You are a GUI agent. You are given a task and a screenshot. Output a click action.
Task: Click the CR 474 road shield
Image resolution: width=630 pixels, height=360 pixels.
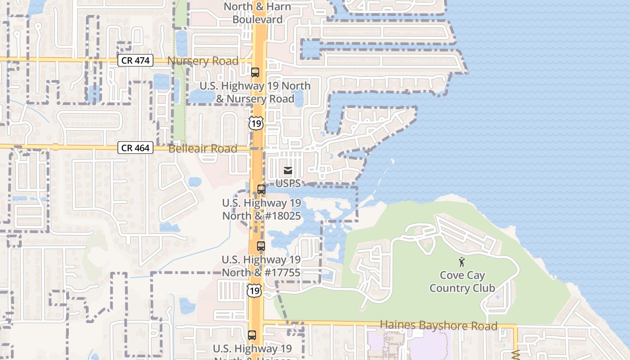[x=135, y=60]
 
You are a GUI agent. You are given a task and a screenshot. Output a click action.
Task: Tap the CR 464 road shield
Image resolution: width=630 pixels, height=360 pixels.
[x=135, y=148]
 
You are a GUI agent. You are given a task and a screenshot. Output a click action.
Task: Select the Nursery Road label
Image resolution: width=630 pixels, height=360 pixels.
[x=203, y=61]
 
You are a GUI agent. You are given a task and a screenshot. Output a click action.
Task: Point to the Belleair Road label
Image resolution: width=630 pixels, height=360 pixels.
[x=202, y=148]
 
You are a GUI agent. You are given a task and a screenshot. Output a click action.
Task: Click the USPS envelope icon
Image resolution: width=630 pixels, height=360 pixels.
[x=288, y=171]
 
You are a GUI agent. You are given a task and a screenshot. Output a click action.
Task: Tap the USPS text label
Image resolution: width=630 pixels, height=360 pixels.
[x=288, y=184]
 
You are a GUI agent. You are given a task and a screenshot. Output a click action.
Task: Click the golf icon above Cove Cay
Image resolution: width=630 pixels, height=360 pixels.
[x=461, y=261]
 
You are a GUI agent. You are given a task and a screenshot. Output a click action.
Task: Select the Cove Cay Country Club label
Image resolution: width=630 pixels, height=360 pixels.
[x=462, y=282]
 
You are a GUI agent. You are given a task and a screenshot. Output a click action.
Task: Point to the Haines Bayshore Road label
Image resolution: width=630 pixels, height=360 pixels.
[x=439, y=325]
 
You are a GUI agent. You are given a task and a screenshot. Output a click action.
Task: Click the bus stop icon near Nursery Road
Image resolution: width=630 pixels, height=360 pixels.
[x=255, y=72]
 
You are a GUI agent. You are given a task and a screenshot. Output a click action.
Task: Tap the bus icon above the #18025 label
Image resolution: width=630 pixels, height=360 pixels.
[x=261, y=189]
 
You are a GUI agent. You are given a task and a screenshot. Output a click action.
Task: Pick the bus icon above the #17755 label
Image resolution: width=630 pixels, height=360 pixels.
[x=261, y=246]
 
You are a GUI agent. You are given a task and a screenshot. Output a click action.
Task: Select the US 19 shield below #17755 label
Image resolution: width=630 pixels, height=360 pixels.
[x=254, y=290]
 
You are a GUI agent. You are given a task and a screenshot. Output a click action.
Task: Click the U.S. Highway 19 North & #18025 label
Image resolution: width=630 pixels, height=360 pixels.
[x=261, y=210]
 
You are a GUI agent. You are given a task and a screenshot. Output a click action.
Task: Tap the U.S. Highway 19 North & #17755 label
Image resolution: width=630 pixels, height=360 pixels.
[x=261, y=266]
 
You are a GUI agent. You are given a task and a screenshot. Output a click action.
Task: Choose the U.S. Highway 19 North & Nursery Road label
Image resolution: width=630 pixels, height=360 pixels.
[x=255, y=92]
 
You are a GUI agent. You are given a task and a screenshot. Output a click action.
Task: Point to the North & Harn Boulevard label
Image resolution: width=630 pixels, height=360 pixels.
[x=257, y=13]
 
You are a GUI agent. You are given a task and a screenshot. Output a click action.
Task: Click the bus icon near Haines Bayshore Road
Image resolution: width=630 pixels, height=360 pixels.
[x=252, y=335]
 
